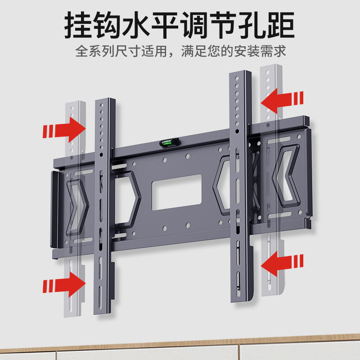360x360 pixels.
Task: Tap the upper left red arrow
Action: tap(64, 129)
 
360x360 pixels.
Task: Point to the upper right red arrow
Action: tap(282, 100)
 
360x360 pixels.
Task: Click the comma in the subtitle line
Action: tap(174, 54)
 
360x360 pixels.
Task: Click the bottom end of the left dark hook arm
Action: tap(103, 312)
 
